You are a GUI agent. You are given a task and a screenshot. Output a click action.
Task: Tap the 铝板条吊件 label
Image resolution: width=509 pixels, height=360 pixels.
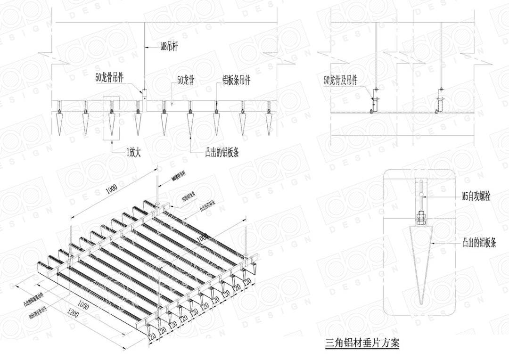tap(237, 80)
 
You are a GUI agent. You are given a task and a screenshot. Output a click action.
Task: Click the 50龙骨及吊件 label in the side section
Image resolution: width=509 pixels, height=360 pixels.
tap(341, 81)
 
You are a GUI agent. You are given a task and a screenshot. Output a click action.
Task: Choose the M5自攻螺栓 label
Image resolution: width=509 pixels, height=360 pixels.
tap(476, 196)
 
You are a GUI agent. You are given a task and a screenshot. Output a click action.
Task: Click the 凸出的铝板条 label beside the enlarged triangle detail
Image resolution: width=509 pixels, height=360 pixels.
tap(478, 243)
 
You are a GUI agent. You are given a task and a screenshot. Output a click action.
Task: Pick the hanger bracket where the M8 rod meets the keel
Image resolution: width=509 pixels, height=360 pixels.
tap(145, 95)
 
